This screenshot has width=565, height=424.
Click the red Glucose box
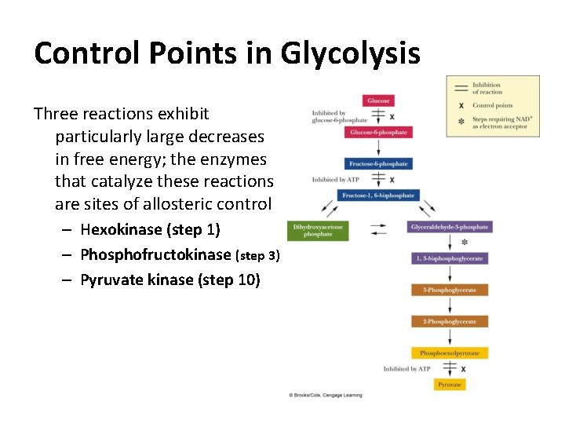[378, 101]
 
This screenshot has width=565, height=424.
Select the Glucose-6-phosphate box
[378, 132]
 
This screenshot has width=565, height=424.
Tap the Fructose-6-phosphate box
[378, 163]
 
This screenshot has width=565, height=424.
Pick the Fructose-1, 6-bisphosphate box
[378, 195]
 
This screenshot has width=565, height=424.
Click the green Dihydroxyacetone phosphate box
[317, 230]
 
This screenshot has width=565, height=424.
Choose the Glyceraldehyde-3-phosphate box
[450, 227]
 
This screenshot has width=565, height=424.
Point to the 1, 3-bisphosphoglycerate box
[450, 258]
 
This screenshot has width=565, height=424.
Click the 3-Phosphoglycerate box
[450, 290]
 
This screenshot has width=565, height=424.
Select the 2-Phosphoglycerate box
[450, 321]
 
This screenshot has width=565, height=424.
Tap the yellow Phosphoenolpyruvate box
[450, 353]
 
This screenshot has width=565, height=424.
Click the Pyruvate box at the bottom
[450, 385]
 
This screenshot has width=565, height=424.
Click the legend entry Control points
[492, 105]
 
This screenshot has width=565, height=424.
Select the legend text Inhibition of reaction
[487, 88]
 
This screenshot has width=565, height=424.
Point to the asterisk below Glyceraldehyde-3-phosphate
[465, 243]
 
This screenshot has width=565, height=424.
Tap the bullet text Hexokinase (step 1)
[150, 230]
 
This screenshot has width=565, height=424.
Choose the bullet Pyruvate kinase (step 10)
[169, 280]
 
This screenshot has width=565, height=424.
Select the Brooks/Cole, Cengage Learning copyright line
[326, 395]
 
